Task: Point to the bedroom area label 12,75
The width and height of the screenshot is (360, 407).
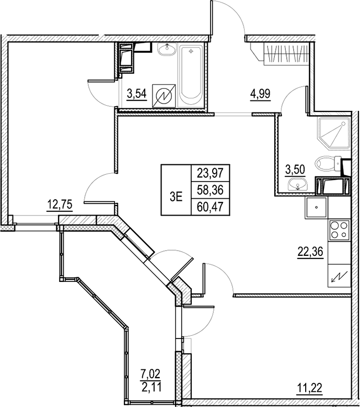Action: (x=59, y=205)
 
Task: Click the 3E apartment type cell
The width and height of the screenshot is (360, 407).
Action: (x=176, y=197)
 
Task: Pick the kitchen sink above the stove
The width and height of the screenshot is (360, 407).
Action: (x=316, y=208)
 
